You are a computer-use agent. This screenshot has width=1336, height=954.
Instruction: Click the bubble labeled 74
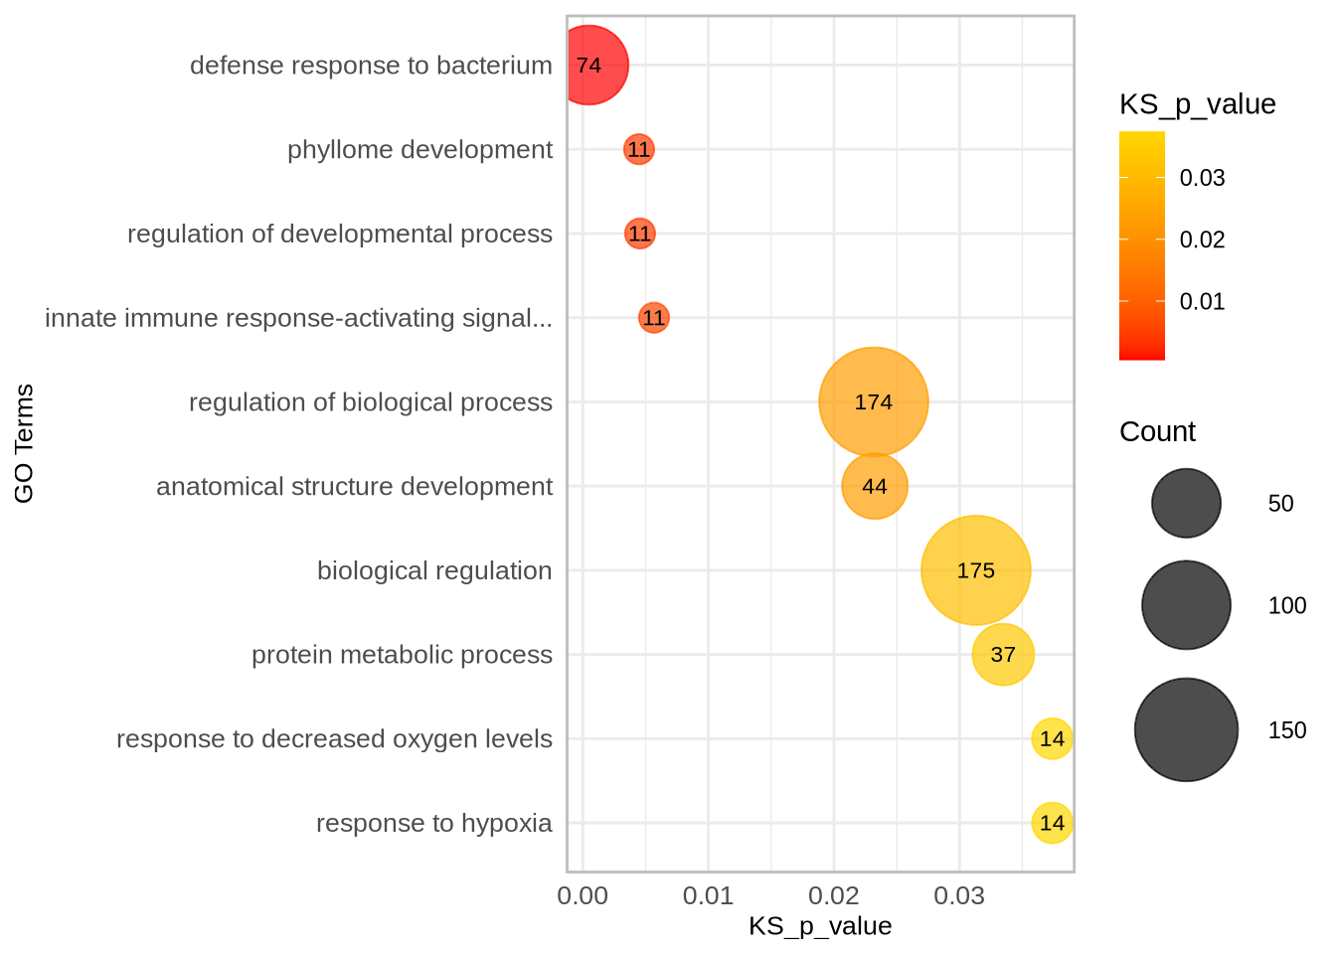(588, 66)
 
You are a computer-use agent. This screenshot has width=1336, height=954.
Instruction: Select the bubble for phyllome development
(638, 150)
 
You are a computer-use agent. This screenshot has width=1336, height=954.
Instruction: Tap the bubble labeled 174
(873, 402)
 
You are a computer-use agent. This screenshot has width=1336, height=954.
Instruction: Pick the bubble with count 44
(875, 486)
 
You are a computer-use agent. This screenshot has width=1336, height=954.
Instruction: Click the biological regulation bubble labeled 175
(975, 570)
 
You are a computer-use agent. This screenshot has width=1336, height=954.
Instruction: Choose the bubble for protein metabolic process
(1003, 655)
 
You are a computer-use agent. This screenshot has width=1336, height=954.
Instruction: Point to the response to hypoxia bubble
(1052, 823)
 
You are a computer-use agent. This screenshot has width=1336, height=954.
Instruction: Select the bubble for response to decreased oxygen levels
(1052, 738)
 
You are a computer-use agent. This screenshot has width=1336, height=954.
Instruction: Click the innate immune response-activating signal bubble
(653, 318)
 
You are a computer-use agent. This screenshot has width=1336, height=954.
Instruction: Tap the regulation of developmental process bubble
(639, 234)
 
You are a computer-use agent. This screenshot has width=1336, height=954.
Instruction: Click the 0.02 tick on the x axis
(833, 896)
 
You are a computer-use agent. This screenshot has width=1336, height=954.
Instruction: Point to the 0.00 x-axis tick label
(583, 896)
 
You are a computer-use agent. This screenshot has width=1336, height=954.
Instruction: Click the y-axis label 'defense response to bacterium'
(371, 66)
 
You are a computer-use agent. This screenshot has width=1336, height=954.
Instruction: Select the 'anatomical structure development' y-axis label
(354, 487)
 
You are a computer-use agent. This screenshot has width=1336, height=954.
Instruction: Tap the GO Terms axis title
(24, 443)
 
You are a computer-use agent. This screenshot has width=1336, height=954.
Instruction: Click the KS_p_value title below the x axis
(820, 927)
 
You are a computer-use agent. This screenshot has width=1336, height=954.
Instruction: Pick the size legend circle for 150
(1186, 729)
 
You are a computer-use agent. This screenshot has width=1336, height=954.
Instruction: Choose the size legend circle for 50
(1186, 503)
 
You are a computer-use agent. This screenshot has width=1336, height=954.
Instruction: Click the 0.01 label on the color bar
(1202, 302)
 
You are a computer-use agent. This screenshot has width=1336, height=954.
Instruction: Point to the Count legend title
(1157, 432)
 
